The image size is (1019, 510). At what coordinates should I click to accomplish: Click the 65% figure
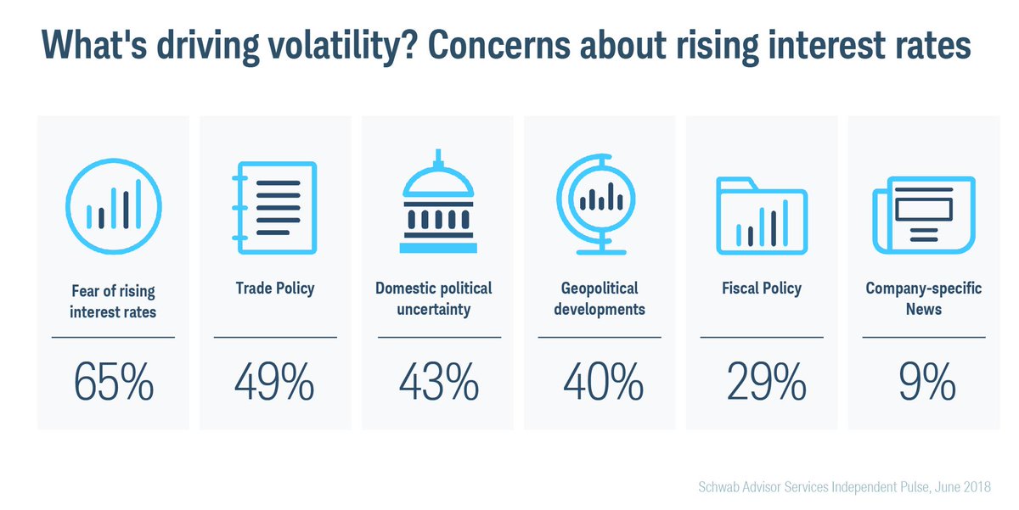113,383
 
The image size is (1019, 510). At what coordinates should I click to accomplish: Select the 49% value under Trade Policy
274,383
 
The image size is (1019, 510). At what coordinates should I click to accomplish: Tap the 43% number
437,383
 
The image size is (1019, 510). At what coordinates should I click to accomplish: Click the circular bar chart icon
113,206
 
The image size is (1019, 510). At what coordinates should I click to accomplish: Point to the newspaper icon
924,212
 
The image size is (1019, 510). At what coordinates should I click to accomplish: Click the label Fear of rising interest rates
113,301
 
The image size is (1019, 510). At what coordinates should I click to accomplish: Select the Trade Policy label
274,289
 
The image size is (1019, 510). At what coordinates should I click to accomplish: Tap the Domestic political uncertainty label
434,299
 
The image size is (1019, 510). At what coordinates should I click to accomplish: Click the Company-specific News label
924,299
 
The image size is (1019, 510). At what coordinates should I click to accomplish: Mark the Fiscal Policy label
762,289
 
